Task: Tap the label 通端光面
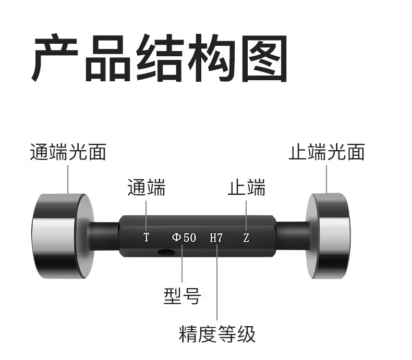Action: pyautogui.click(x=68, y=153)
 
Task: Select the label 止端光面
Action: pyautogui.click(x=326, y=153)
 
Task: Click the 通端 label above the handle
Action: pyautogui.click(x=147, y=188)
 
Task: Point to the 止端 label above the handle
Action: pyautogui.click(x=246, y=188)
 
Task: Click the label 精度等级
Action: pyautogui.click(x=217, y=334)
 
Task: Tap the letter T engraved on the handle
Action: pyautogui.click(x=147, y=238)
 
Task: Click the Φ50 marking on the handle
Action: pyautogui.click(x=184, y=238)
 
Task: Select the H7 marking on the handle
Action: pyautogui.click(x=216, y=238)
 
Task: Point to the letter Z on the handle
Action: pyautogui.click(x=246, y=238)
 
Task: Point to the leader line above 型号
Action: pyautogui.click(x=182, y=266)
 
